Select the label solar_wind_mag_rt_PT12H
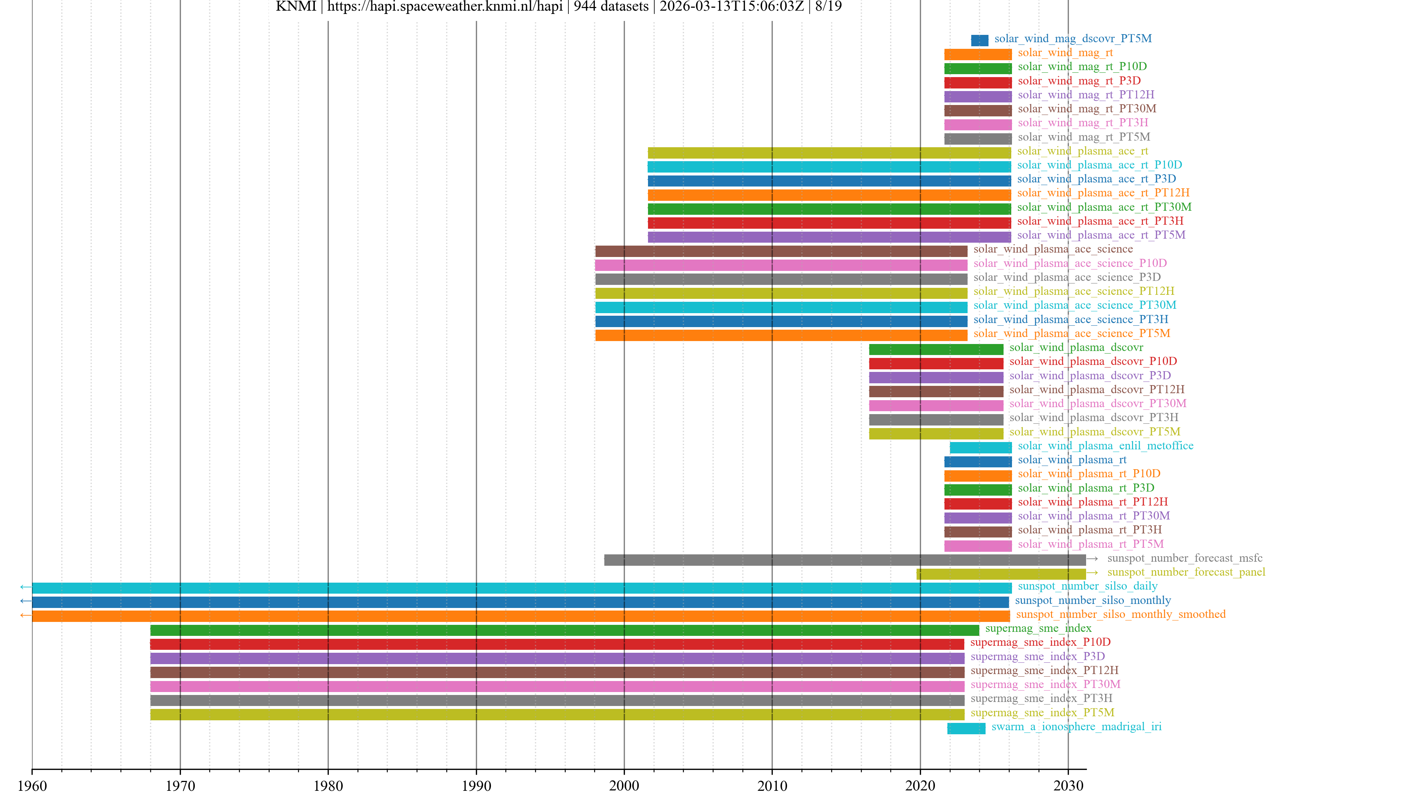[1086, 95]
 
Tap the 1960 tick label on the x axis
[32, 785]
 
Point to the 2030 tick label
[1068, 785]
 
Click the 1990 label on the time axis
[476, 785]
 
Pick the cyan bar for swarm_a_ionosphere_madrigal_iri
[966, 728]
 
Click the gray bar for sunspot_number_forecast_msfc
[845, 560]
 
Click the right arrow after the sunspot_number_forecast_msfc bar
[1092, 559]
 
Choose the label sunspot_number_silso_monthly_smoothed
[1120, 614]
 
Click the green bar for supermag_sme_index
[564, 630]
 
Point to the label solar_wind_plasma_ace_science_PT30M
[1074, 305]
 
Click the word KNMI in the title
[295, 7]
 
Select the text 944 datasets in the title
[611, 7]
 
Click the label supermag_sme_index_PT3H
[1041, 698]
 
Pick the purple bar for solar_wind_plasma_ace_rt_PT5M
[829, 237]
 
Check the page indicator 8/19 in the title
[828, 7]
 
